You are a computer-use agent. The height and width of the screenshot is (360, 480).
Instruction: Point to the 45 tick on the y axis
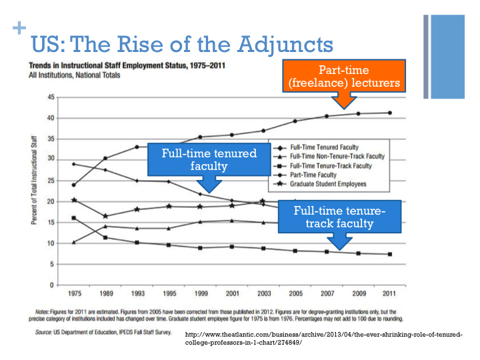coord(51,97)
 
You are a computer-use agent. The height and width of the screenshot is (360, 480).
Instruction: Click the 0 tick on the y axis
coord(53,285)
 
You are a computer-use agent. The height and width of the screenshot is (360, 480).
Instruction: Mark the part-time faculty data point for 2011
coord(389,113)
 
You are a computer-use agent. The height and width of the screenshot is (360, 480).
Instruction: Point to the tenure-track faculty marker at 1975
coord(73,218)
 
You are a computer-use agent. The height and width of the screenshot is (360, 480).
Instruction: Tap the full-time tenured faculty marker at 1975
coord(73,164)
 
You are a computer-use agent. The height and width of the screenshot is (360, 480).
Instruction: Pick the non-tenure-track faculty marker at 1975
coord(73,242)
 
